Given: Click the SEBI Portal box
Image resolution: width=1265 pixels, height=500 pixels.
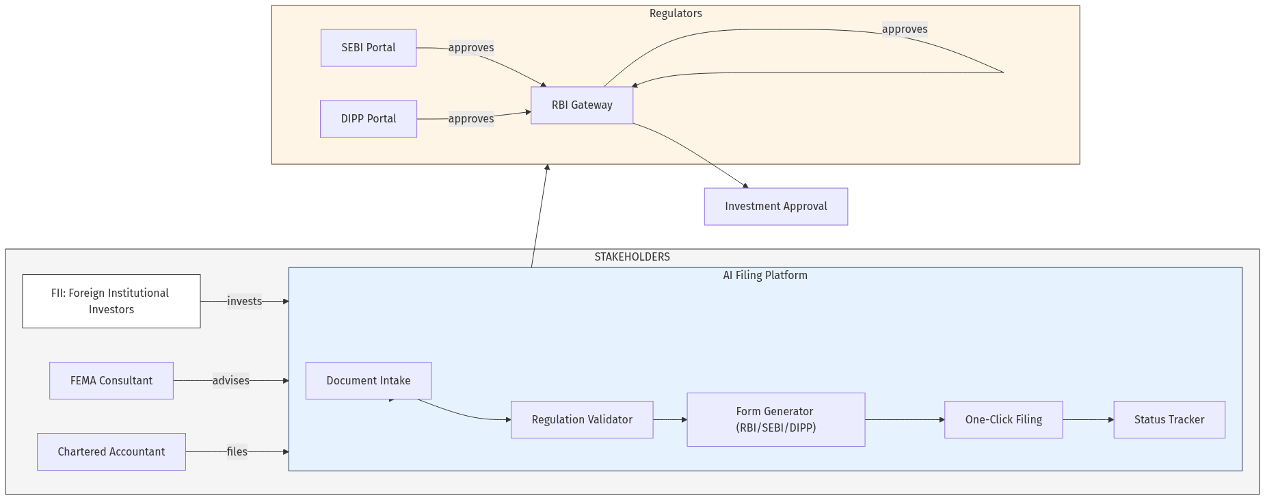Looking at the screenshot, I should tap(369, 48).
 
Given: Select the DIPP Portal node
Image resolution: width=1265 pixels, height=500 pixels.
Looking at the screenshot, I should tap(369, 119).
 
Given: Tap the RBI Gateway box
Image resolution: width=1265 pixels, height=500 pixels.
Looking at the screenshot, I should tap(582, 105).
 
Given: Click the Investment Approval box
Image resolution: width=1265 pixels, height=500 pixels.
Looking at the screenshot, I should tap(776, 207).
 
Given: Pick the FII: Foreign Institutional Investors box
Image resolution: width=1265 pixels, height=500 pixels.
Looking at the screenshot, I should tap(111, 302).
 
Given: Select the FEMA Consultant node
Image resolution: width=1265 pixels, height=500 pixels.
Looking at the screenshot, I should tap(111, 381).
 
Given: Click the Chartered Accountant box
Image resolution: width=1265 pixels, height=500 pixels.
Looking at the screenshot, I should tap(111, 452).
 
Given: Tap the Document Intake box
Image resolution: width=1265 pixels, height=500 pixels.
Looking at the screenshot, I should tap(369, 381).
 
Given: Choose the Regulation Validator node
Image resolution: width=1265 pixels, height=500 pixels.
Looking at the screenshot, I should tap(582, 420).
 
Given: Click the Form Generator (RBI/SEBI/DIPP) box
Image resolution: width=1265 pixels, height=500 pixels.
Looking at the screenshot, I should tap(776, 420).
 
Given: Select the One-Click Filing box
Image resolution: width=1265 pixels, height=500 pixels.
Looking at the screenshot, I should tap(1003, 420).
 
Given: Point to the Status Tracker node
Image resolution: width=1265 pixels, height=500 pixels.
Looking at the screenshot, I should tap(1169, 420).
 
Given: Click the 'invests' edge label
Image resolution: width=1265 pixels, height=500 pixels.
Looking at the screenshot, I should tap(244, 302).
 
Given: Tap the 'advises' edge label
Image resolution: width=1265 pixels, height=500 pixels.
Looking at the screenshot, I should tap(230, 381).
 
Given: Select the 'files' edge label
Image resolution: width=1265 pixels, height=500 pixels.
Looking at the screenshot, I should tap(237, 452).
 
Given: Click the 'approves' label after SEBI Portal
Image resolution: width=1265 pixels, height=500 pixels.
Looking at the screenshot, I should tap(471, 48).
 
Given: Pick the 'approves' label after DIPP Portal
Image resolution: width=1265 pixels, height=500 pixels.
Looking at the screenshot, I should tap(471, 119).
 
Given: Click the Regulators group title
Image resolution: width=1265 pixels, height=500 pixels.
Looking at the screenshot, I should tap(676, 14).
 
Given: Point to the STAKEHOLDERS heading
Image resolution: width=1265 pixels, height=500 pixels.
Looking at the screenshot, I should tap(632, 257).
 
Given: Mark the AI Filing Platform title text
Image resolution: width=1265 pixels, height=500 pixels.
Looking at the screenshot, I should tap(765, 276).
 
